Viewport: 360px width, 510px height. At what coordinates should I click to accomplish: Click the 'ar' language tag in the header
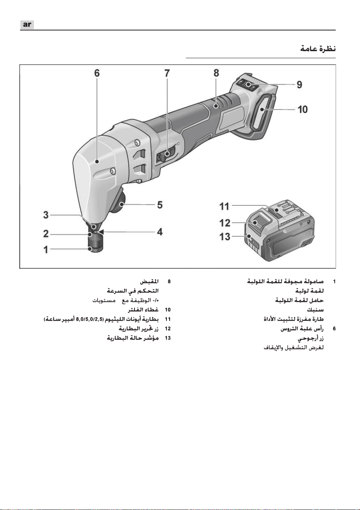point(27,24)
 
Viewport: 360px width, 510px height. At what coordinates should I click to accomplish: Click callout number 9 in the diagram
point(299,85)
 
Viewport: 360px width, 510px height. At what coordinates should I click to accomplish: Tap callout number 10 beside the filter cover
point(303,109)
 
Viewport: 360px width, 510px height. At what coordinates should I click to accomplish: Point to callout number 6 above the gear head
point(97,73)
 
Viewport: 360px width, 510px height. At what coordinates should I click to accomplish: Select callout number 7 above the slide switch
point(167,73)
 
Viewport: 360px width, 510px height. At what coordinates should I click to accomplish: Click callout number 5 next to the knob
point(160,205)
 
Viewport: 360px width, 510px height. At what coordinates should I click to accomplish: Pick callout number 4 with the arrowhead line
point(160,232)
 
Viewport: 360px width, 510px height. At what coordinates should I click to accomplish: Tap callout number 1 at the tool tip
point(46,249)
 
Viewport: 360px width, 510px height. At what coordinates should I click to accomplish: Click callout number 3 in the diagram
point(46,215)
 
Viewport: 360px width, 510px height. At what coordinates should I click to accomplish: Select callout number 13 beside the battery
point(225,237)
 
